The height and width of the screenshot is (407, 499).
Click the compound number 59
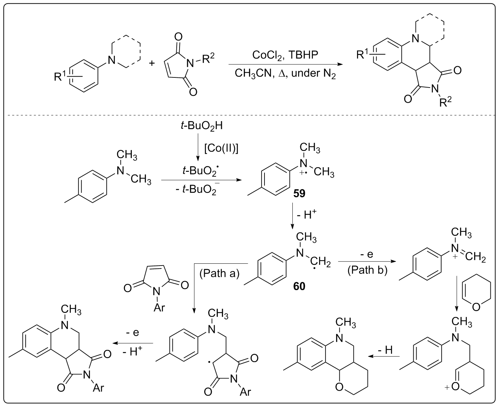click(x=299, y=194)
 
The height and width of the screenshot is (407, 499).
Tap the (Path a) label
click(x=219, y=274)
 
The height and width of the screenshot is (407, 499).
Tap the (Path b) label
click(x=367, y=270)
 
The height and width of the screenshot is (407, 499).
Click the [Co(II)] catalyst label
click(x=221, y=149)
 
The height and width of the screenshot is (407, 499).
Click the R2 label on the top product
click(x=445, y=103)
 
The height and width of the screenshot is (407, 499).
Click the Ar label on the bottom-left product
click(x=98, y=388)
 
